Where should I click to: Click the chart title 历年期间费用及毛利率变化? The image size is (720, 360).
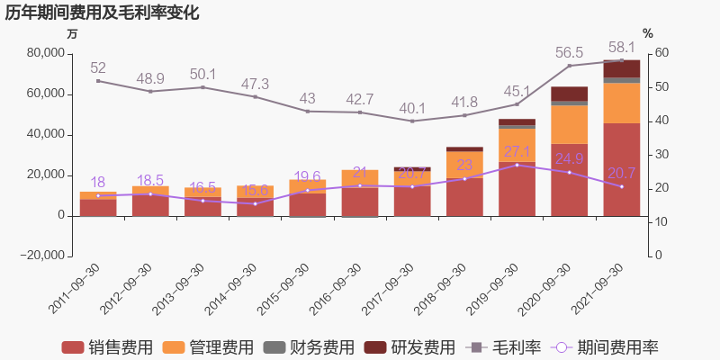click(102, 13)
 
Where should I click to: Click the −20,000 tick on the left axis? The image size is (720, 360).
click(41, 256)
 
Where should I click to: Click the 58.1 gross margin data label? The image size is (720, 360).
click(621, 47)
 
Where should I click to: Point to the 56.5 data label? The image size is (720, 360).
click(569, 52)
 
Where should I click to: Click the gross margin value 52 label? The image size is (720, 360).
click(98, 67)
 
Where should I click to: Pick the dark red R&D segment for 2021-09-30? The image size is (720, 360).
click(621, 68)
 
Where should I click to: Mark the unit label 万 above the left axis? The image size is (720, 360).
click(72, 33)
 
